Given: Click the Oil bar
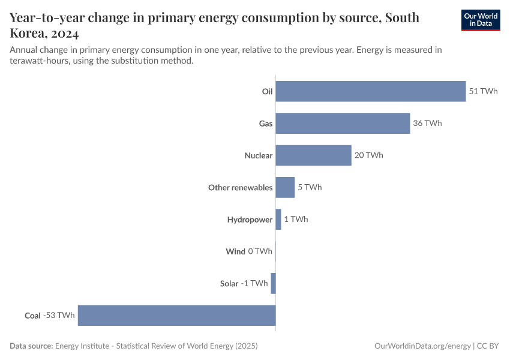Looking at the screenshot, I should click(x=370, y=91).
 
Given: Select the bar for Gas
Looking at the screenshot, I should click(x=343, y=123).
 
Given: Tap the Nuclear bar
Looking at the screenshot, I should click(x=313, y=155).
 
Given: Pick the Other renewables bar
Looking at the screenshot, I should click(x=285, y=187).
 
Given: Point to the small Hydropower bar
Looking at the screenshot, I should click(x=278, y=219).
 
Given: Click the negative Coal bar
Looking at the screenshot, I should click(x=176, y=316).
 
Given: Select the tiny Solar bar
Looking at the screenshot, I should click(x=273, y=283).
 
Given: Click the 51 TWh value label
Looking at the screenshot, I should click(x=484, y=91).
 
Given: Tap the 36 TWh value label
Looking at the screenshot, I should click(x=428, y=123).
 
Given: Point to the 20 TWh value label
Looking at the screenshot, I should click(x=369, y=155).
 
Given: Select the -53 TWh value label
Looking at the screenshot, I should click(x=59, y=316).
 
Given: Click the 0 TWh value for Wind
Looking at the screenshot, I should click(x=260, y=251).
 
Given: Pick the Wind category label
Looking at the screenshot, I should click(x=235, y=251).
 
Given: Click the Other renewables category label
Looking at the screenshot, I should click(x=240, y=187).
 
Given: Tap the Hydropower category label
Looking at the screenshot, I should click(x=250, y=220).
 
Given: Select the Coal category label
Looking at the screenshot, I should click(x=32, y=316).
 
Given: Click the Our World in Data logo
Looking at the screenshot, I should click(x=481, y=20).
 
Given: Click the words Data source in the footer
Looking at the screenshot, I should click(x=31, y=346).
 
